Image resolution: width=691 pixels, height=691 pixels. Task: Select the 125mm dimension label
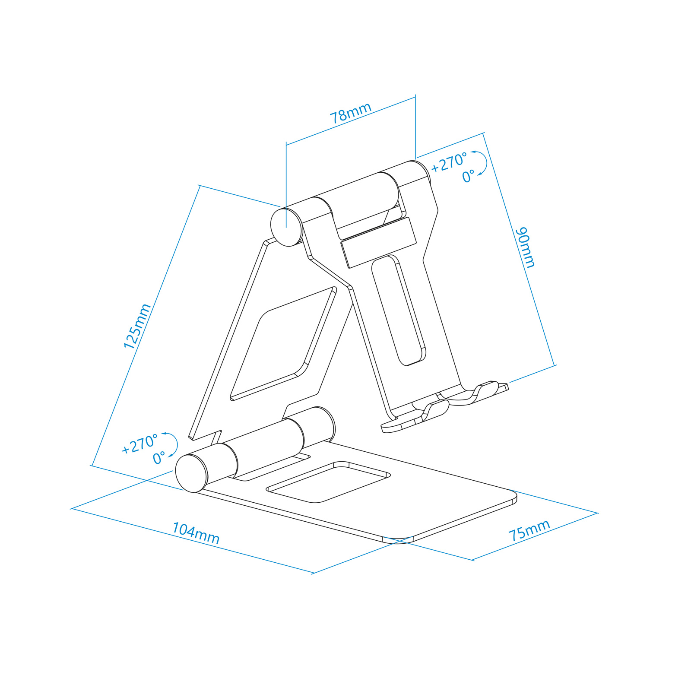pos(137,326)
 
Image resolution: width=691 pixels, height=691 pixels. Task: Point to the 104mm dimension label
pos(196,533)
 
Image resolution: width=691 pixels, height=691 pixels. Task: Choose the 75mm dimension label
pos(529,530)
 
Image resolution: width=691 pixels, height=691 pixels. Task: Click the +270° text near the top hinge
pos(449,162)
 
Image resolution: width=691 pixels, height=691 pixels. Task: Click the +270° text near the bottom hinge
pos(139,444)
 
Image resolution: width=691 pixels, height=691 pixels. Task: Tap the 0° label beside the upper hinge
pos(468,176)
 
